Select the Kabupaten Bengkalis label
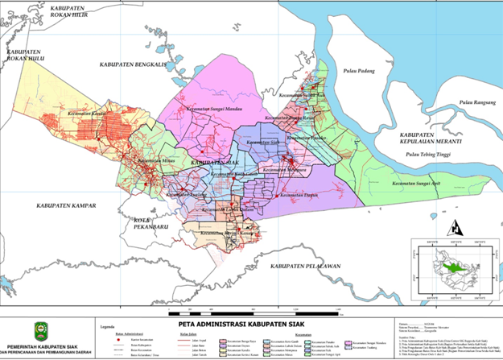tap(131, 64)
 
